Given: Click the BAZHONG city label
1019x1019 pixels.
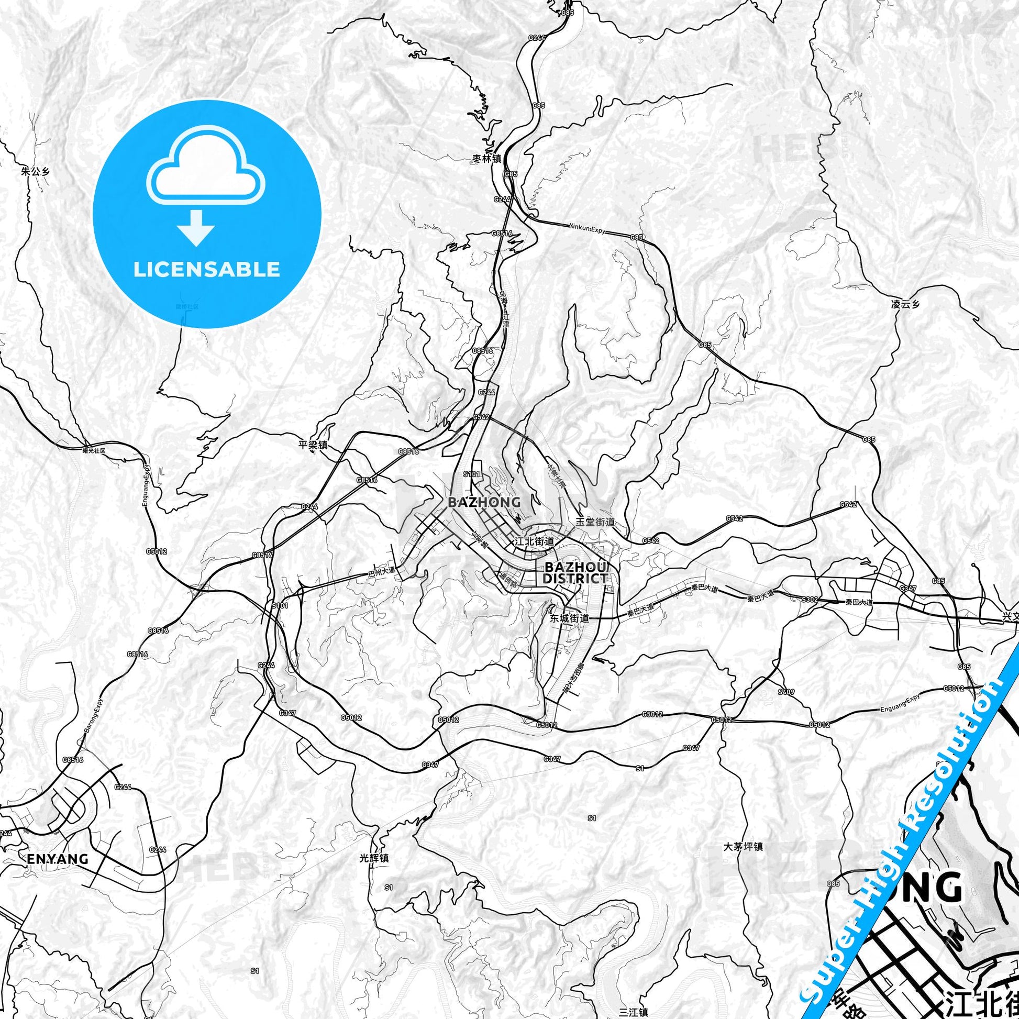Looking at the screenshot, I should point(484,502).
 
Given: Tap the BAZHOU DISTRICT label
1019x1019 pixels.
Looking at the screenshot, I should point(577,572).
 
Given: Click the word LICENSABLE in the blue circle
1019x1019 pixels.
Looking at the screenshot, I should point(207,269).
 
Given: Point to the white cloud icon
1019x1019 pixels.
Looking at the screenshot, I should point(207,165).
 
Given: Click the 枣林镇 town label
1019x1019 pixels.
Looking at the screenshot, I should point(486,158).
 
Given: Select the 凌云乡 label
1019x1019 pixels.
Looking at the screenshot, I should point(904,304).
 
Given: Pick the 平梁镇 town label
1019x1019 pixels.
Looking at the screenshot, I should point(313,445).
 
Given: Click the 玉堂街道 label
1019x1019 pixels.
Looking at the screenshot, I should point(595,522).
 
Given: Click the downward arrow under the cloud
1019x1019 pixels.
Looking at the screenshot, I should point(196,227).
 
